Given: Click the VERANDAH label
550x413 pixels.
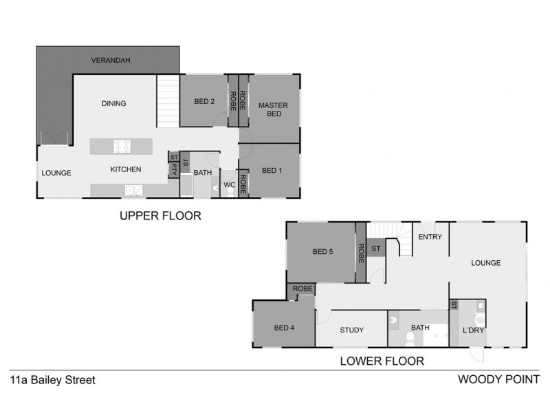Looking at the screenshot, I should [x=111, y=61].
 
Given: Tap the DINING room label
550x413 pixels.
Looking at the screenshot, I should [x=114, y=104].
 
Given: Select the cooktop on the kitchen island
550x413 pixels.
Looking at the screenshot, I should [x=122, y=146].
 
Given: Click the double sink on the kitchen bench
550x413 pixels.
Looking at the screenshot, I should [x=133, y=191].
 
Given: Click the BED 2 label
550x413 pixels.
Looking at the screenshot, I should [x=204, y=101].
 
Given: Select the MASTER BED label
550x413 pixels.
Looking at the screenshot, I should [x=274, y=109].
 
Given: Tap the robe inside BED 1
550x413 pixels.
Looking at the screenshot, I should [x=243, y=183].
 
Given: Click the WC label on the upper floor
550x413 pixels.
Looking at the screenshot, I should [x=230, y=185].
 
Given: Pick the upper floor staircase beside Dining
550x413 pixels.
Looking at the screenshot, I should [x=168, y=100].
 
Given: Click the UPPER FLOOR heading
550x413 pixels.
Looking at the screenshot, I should [x=160, y=215].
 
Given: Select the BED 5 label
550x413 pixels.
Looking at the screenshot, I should [x=322, y=252].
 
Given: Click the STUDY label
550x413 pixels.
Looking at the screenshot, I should [x=351, y=330].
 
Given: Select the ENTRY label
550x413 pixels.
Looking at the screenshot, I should [x=430, y=237].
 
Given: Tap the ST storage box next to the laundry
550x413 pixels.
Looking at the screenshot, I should [x=454, y=304].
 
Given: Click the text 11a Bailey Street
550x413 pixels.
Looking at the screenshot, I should [x=52, y=379].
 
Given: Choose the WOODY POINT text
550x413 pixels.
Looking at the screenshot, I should [x=498, y=379].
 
